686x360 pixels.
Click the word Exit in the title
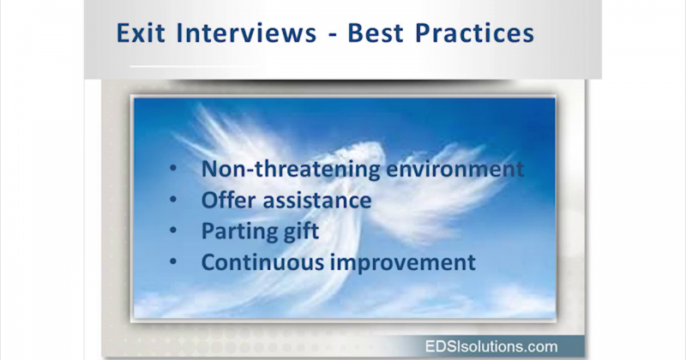pos(141,33)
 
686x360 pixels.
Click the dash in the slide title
pos(333,35)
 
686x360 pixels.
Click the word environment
pos(455,169)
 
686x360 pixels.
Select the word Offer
pos(228,200)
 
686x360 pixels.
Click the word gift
pos(301,231)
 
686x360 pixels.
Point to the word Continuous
pos(261,262)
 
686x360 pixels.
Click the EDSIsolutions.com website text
pos(491,346)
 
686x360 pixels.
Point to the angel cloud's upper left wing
pos(214,129)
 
